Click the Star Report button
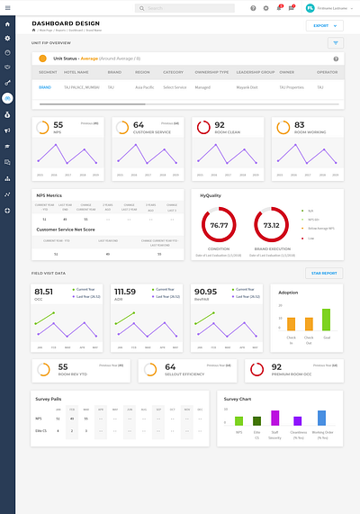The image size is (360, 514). tap(324, 273)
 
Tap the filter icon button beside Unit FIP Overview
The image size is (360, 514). tap(336, 42)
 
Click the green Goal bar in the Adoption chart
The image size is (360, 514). tap(326, 320)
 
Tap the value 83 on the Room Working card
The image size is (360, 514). tap(300, 125)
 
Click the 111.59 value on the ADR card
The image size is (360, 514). tap(125, 292)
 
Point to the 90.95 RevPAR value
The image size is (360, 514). tap(204, 292)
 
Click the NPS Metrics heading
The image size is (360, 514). tap(49, 194)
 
